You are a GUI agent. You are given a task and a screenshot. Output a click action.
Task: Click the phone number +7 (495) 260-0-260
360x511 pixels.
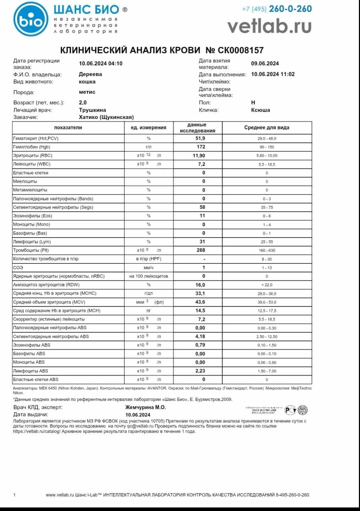pyautogui.click(x=276, y=9)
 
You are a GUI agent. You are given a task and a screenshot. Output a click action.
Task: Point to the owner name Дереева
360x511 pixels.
pyautogui.click(x=90, y=74)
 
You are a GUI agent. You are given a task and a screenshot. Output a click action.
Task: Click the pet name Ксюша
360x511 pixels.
pyautogui.click(x=260, y=110)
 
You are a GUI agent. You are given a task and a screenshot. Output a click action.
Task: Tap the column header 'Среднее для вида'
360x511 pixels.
pyautogui.click(x=267, y=128)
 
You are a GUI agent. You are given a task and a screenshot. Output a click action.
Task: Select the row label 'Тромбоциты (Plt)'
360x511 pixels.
pyautogui.click(x=31, y=250)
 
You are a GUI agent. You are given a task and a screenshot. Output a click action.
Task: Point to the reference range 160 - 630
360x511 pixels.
pyautogui.click(x=267, y=250)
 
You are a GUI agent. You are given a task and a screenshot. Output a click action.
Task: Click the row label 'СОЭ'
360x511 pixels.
pyautogui.click(x=18, y=267)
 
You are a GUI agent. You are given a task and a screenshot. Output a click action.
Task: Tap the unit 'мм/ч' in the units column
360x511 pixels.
pyautogui.click(x=149, y=267)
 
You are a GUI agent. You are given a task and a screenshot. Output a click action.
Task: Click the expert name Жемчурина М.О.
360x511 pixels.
pyautogui.click(x=145, y=408)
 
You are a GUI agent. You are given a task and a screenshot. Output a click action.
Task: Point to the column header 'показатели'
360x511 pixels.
pyautogui.click(x=68, y=128)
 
